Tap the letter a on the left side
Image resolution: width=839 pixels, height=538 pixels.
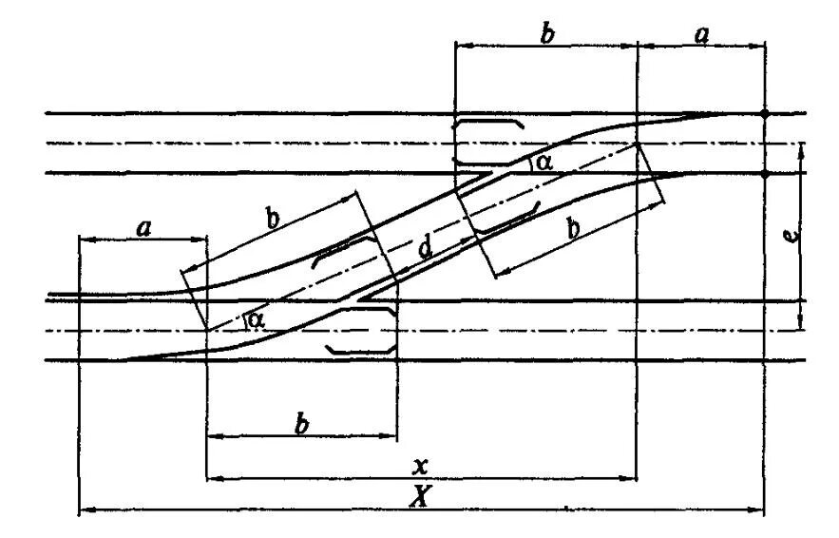(x=143, y=227)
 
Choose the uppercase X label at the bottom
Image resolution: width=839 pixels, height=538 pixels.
(x=417, y=495)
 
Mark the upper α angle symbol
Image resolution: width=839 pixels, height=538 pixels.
(x=543, y=163)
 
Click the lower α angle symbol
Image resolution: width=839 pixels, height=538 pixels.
(x=254, y=319)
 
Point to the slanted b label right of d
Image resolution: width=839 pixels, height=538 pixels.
(x=574, y=229)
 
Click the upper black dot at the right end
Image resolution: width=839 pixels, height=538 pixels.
(x=765, y=114)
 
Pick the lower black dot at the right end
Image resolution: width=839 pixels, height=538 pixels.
(x=765, y=173)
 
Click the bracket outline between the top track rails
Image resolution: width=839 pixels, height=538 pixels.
(x=488, y=143)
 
